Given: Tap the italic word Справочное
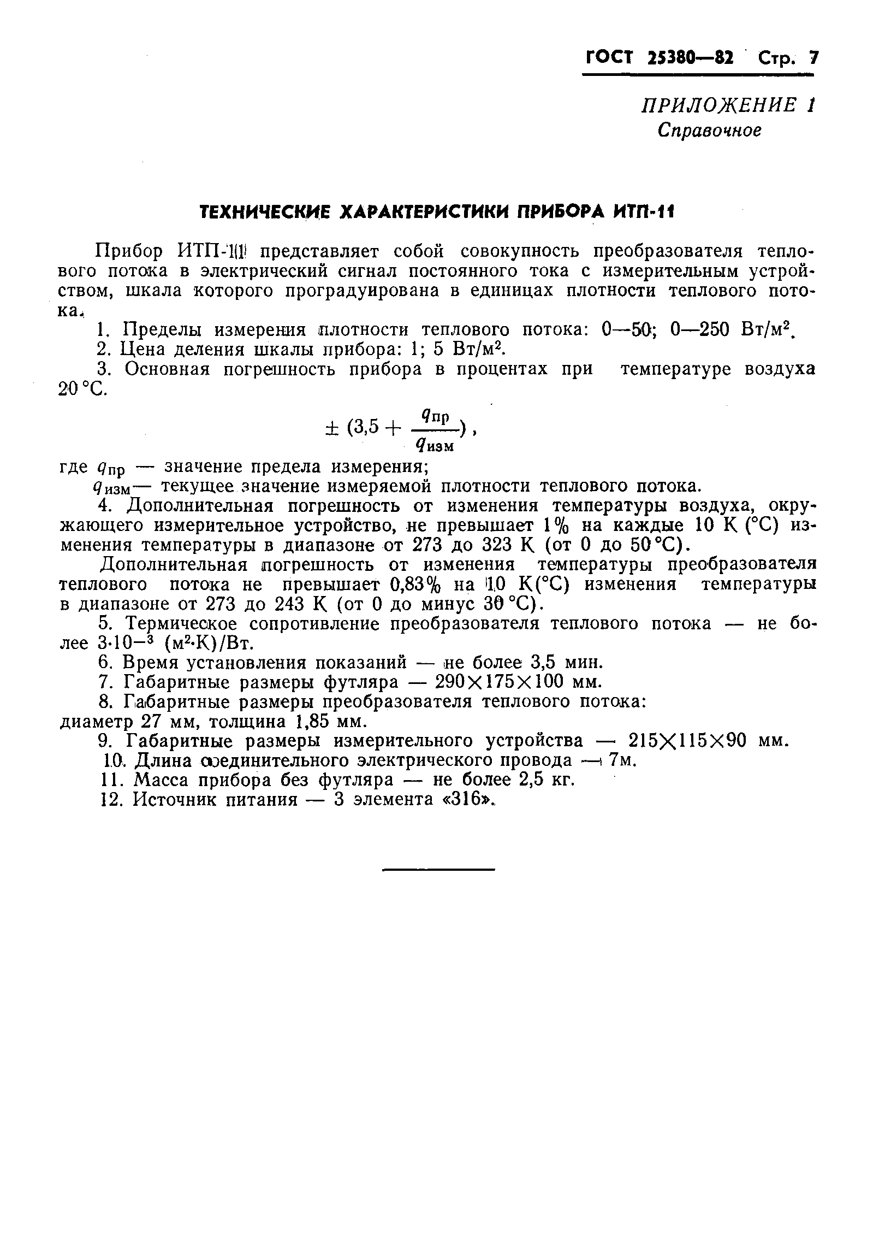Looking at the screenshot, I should click(709, 130).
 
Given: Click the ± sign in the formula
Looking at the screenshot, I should click(330, 428).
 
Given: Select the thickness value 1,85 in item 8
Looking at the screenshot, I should click(312, 722).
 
